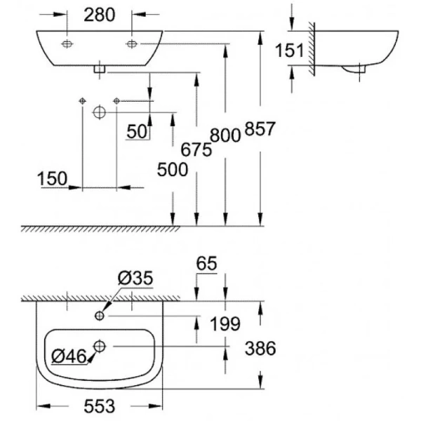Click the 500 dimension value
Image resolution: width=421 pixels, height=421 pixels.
(x=172, y=168)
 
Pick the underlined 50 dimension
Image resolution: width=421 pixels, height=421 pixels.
(x=138, y=131)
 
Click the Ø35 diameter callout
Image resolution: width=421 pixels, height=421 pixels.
(x=133, y=279)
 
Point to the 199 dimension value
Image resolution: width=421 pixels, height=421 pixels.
(x=226, y=324)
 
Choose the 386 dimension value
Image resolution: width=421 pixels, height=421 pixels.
(x=260, y=347)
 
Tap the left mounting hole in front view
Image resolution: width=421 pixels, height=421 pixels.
(x=67, y=44)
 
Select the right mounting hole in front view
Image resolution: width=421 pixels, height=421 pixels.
(x=131, y=44)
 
